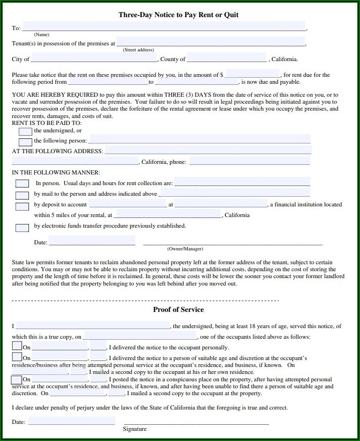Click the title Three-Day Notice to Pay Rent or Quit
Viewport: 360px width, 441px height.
pyautogui.click(x=179, y=15)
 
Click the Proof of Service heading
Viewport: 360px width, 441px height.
pyautogui.click(x=178, y=310)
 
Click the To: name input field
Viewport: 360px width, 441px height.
pyautogui.click(x=164, y=27)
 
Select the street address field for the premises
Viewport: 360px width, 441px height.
pyautogui.click(x=210, y=42)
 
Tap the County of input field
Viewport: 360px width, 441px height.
pyautogui.click(x=227, y=58)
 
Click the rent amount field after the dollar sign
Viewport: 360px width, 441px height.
pyautogui.click(x=253, y=74)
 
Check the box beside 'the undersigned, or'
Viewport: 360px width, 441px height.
pyautogui.click(x=25, y=131)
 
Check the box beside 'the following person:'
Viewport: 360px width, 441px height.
pyautogui.click(x=25, y=142)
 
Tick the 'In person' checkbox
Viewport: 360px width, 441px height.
pyautogui.click(x=22, y=184)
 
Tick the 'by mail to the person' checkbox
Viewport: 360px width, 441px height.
pyautogui.click(x=22, y=195)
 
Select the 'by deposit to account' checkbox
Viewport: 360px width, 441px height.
pyautogui.click(x=22, y=206)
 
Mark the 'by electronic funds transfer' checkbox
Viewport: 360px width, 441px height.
pyautogui.click(x=22, y=227)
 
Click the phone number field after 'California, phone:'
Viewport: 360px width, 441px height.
pyautogui.click(x=249, y=161)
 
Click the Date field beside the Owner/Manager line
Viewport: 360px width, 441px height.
pyautogui.click(x=92, y=241)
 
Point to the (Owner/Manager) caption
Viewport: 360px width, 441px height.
pyautogui.click(x=185, y=249)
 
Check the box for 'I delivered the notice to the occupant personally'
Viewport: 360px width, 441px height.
pyautogui.click(x=17, y=346)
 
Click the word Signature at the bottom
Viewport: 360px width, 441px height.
pyautogui.click(x=135, y=429)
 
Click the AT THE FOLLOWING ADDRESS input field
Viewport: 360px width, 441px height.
pyautogui.click(x=208, y=150)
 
